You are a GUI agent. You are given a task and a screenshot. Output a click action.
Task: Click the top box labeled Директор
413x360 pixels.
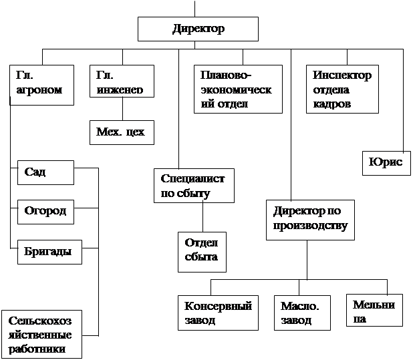coord(198,29)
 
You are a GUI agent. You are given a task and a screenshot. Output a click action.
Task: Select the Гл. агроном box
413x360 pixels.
coord(42,85)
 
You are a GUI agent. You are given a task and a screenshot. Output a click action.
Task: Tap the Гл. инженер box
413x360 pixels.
coord(122,81)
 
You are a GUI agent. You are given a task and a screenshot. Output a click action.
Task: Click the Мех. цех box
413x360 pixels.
coord(122,133)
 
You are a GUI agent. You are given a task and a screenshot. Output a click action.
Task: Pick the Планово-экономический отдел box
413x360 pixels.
coord(239,89)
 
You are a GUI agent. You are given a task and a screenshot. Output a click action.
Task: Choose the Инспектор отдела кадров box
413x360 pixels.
coord(342,89)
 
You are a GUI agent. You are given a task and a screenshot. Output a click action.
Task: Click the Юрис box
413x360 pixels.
coord(386,163)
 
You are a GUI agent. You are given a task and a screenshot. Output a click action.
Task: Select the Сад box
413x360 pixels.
coord(46,172)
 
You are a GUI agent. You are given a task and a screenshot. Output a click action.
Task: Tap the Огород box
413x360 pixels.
coord(46,212)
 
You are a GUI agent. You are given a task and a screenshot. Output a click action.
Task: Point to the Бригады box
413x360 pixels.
coord(49,252)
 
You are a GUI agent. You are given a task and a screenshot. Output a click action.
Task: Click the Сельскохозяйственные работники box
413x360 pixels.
coord(42,334)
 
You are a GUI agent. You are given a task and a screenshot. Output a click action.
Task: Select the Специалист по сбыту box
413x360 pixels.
coord(194,186)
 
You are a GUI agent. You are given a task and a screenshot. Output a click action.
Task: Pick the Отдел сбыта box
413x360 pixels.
coord(202,252)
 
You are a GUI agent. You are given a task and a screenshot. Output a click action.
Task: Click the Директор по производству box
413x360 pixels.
coord(310,220)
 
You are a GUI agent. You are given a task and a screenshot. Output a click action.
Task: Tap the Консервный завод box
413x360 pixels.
coord(218,313)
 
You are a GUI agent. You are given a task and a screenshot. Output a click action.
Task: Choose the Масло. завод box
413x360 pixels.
coord(302,313)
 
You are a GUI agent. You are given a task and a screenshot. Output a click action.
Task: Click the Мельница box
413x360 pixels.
coord(374,311)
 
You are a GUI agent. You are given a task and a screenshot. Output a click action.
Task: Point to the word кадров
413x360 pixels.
coord(332,104)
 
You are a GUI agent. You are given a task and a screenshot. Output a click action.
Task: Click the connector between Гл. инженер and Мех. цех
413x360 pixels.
coord(122,109)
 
